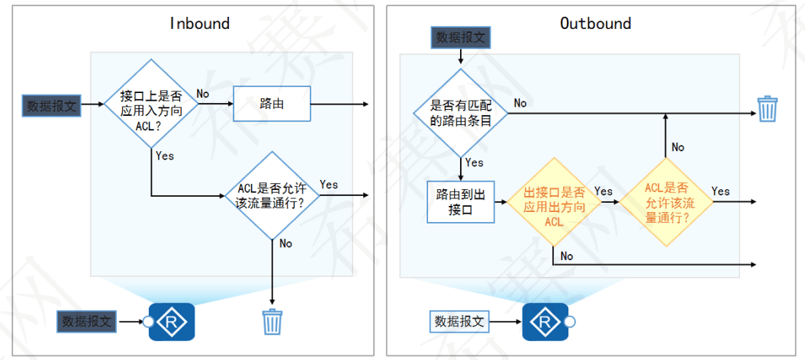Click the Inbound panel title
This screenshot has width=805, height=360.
199,23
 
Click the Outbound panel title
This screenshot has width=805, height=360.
595,23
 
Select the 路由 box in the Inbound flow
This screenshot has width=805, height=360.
272,104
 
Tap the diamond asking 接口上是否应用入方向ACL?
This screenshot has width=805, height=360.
152,104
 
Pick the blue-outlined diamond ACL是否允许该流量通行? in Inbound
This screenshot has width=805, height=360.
272,195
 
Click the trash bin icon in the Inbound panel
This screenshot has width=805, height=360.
272,322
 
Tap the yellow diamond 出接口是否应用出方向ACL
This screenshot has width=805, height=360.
553,202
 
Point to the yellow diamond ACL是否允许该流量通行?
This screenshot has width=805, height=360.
666,202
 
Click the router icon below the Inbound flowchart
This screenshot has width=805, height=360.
172,322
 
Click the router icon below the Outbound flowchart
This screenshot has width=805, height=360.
546,322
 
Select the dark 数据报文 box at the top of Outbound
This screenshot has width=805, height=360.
460,37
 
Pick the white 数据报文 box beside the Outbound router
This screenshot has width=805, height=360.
460,322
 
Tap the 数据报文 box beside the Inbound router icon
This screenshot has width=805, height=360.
87,322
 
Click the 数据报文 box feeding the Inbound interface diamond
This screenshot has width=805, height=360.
52,105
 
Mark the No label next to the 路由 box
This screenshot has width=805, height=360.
203,93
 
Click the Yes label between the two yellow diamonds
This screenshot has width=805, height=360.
603,191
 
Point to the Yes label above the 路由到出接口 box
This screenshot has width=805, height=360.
474,162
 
